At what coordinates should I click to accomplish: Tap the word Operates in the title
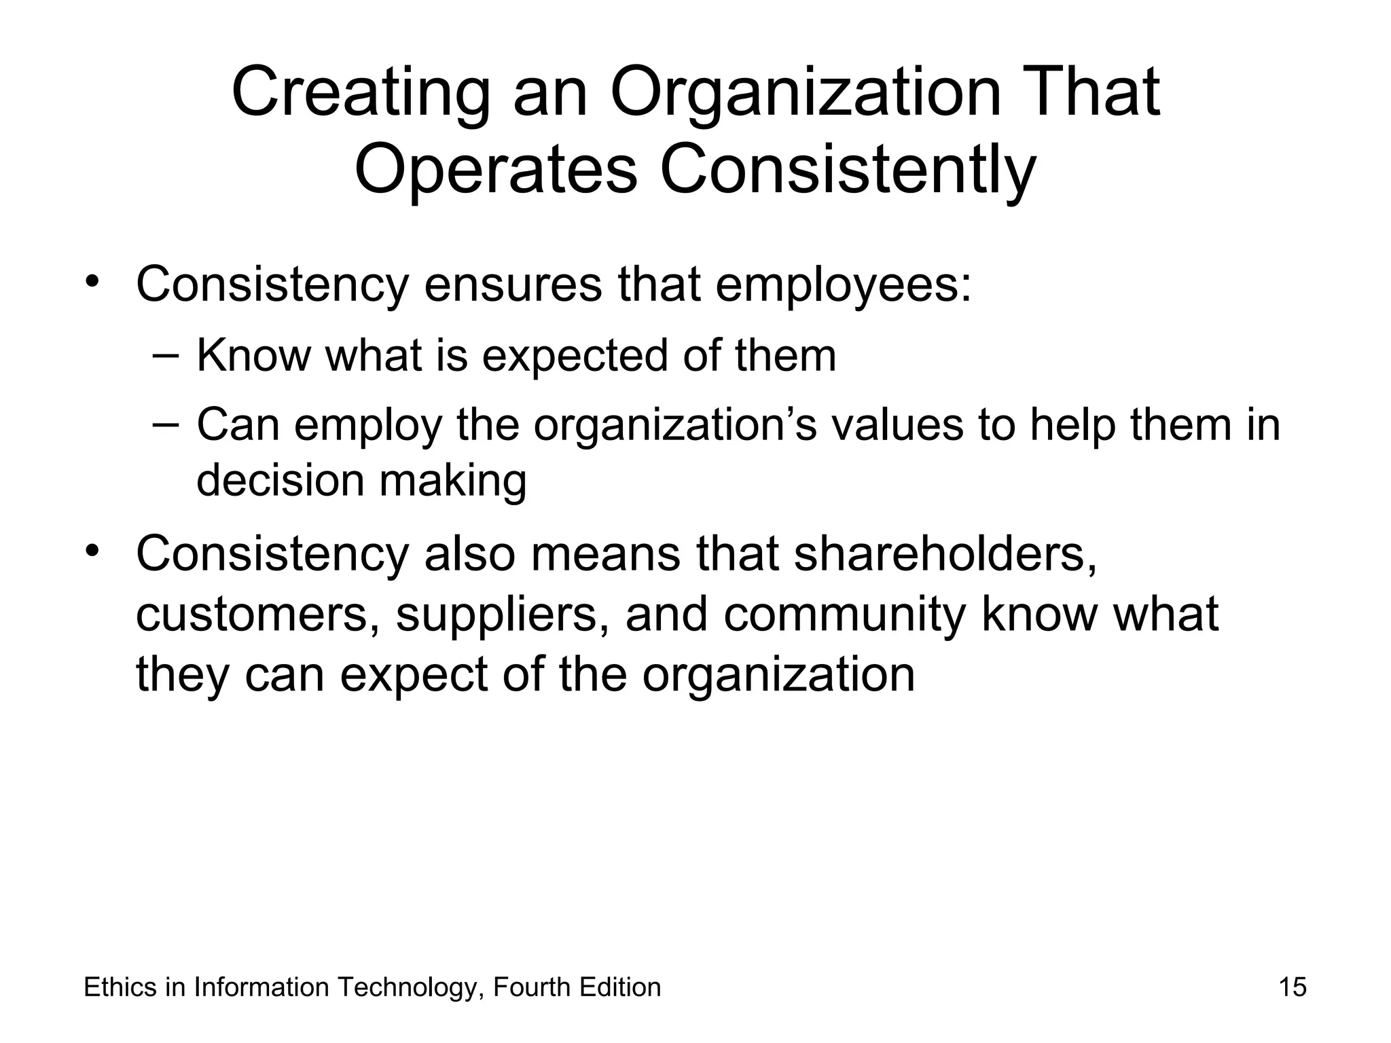496,170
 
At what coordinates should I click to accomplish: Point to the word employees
844,285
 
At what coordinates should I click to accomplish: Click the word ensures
513,285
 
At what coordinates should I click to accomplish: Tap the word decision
280,480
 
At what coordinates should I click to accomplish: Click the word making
453,480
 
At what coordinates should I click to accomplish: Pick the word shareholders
945,553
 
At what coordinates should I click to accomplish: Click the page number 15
1293,987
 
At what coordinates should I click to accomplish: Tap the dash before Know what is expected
166,355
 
